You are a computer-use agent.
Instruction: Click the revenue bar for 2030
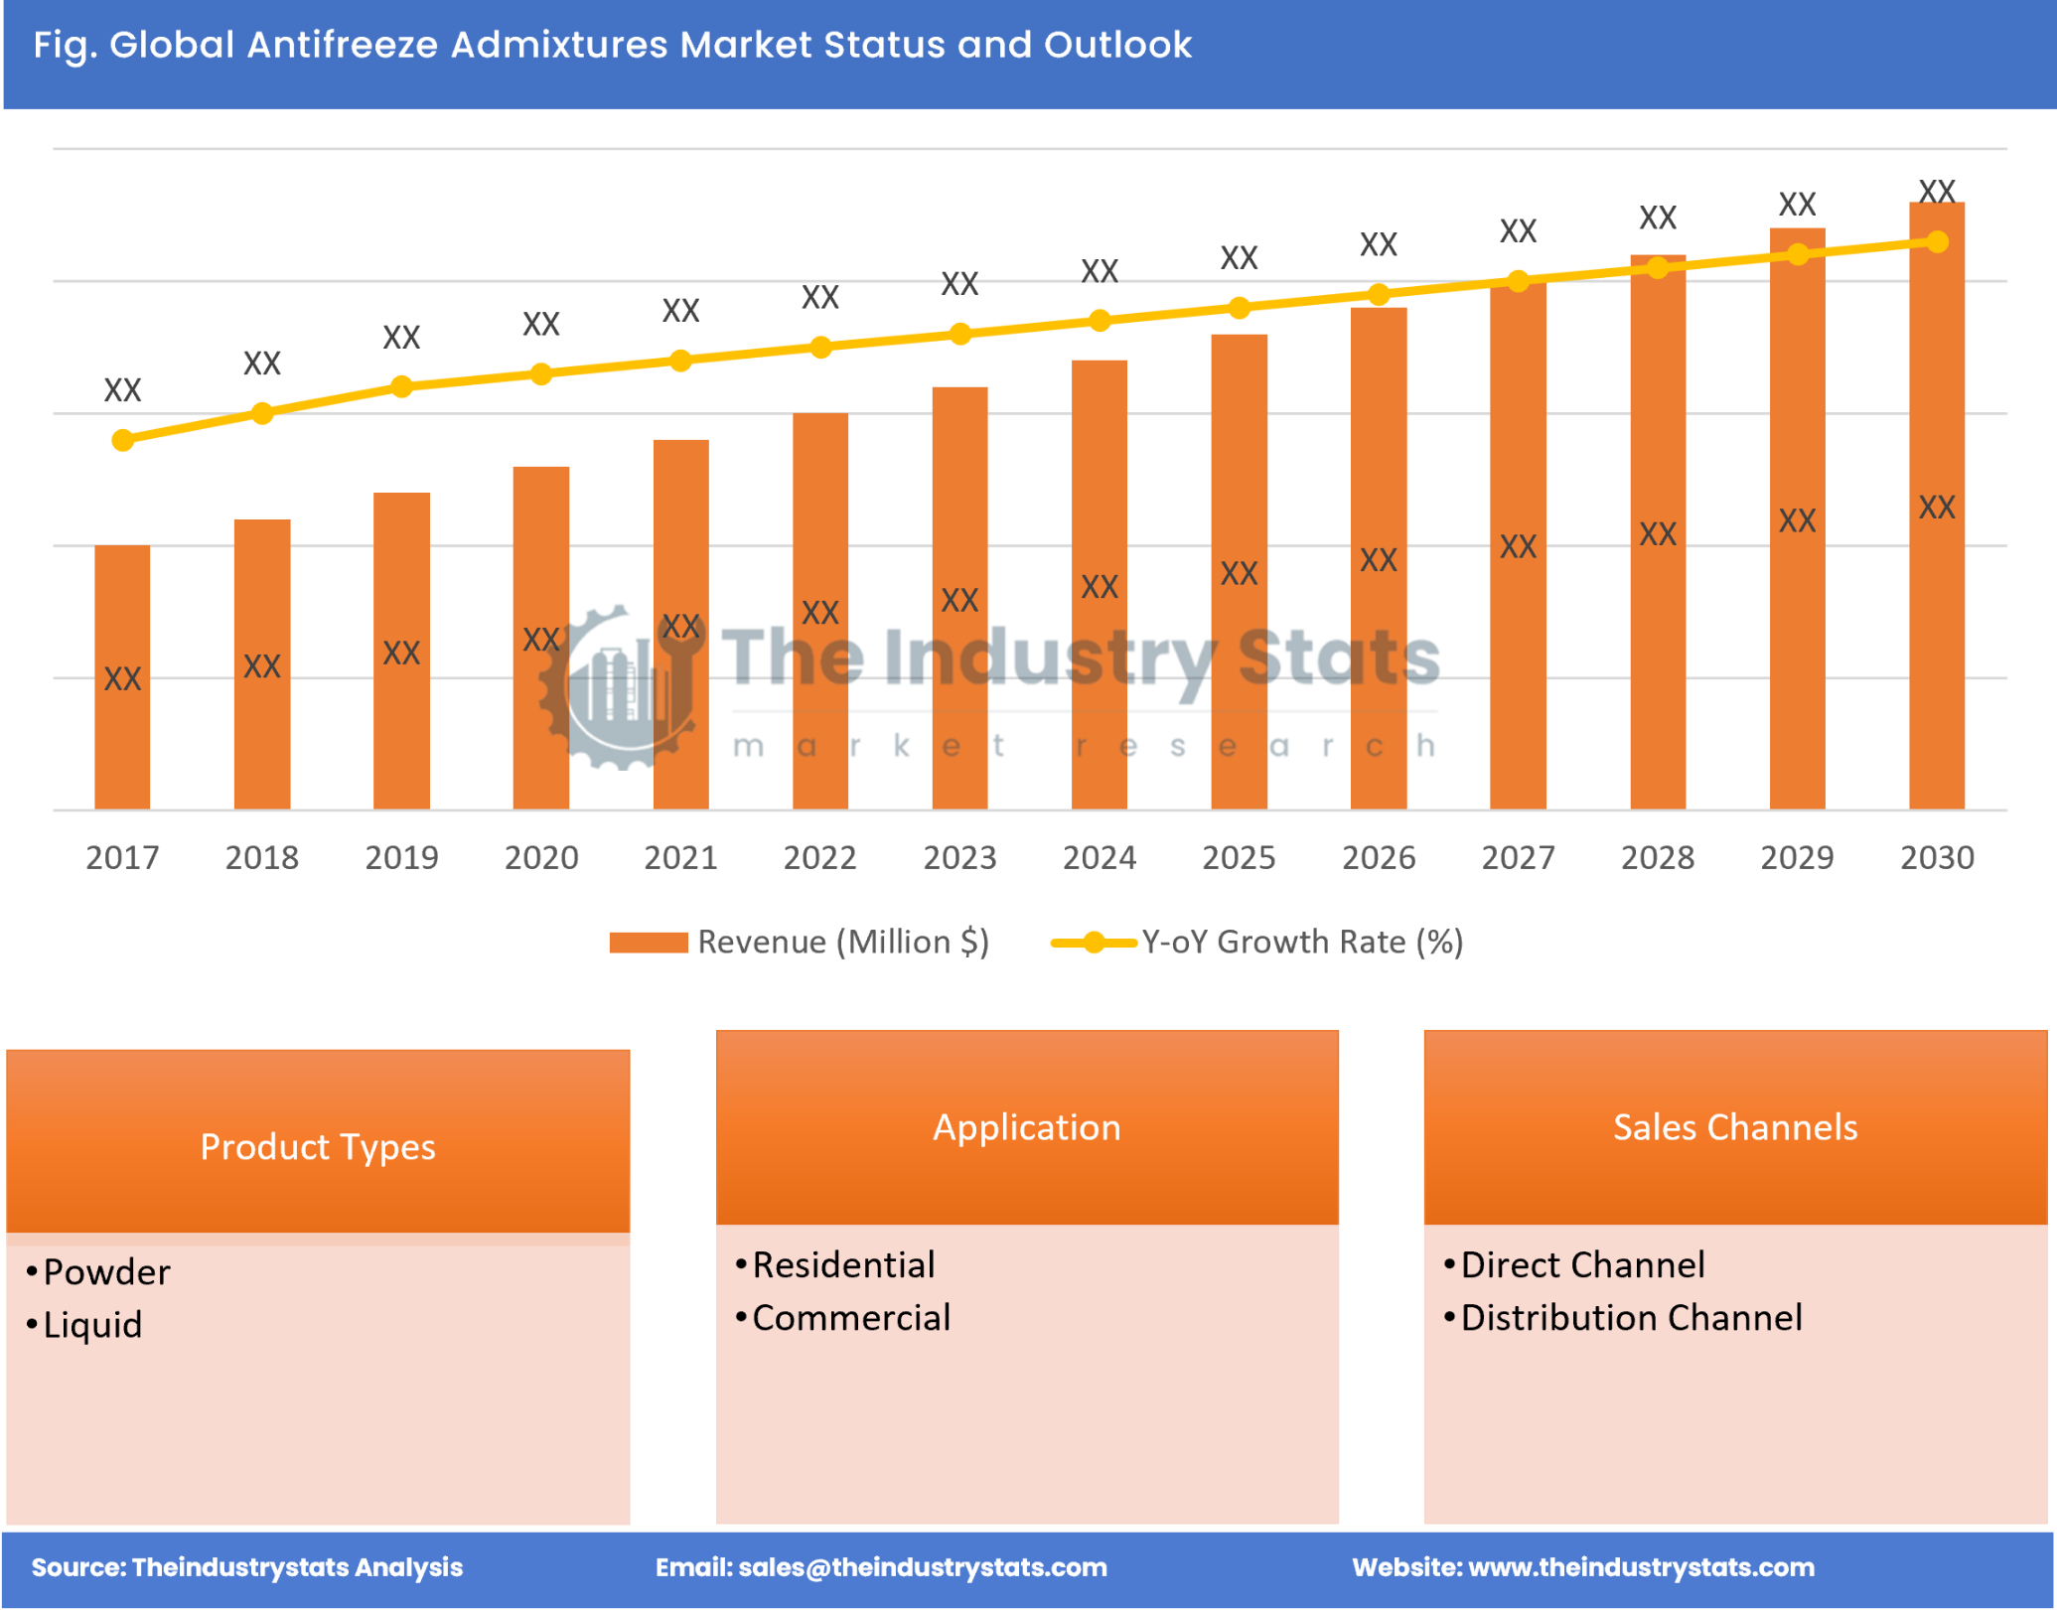point(1936,507)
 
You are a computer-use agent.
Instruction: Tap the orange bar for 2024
point(1099,586)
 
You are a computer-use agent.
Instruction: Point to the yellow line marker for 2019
point(401,386)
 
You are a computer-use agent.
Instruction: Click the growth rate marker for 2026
point(1378,294)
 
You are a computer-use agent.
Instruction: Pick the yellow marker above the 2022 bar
point(820,347)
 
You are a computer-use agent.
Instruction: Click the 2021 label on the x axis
point(680,857)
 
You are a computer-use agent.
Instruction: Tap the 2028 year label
point(1657,857)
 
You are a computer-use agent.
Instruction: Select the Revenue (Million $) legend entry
point(800,942)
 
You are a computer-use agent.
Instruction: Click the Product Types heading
point(318,1146)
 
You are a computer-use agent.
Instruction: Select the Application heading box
point(1027,1127)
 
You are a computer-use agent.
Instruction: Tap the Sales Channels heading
point(1734,1127)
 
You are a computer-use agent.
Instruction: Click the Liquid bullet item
point(92,1325)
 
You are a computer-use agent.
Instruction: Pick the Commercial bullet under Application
point(850,1318)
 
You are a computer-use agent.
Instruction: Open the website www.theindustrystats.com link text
point(1641,1567)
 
